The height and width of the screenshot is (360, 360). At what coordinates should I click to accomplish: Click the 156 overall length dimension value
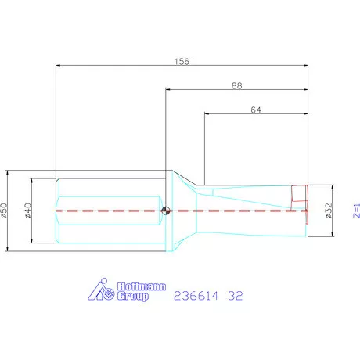point(182,60)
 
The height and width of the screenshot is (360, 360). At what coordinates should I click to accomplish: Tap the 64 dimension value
point(256,110)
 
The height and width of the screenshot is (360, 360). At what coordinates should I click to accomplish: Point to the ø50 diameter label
point(5,210)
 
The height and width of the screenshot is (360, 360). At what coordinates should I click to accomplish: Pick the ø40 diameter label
point(29,210)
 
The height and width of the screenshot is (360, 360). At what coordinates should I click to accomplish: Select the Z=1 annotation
point(355,210)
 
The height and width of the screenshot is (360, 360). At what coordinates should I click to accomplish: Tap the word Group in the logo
point(133,298)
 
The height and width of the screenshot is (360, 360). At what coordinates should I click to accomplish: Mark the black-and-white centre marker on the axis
point(165,210)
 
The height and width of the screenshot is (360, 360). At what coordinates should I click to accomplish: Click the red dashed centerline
point(235,210)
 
